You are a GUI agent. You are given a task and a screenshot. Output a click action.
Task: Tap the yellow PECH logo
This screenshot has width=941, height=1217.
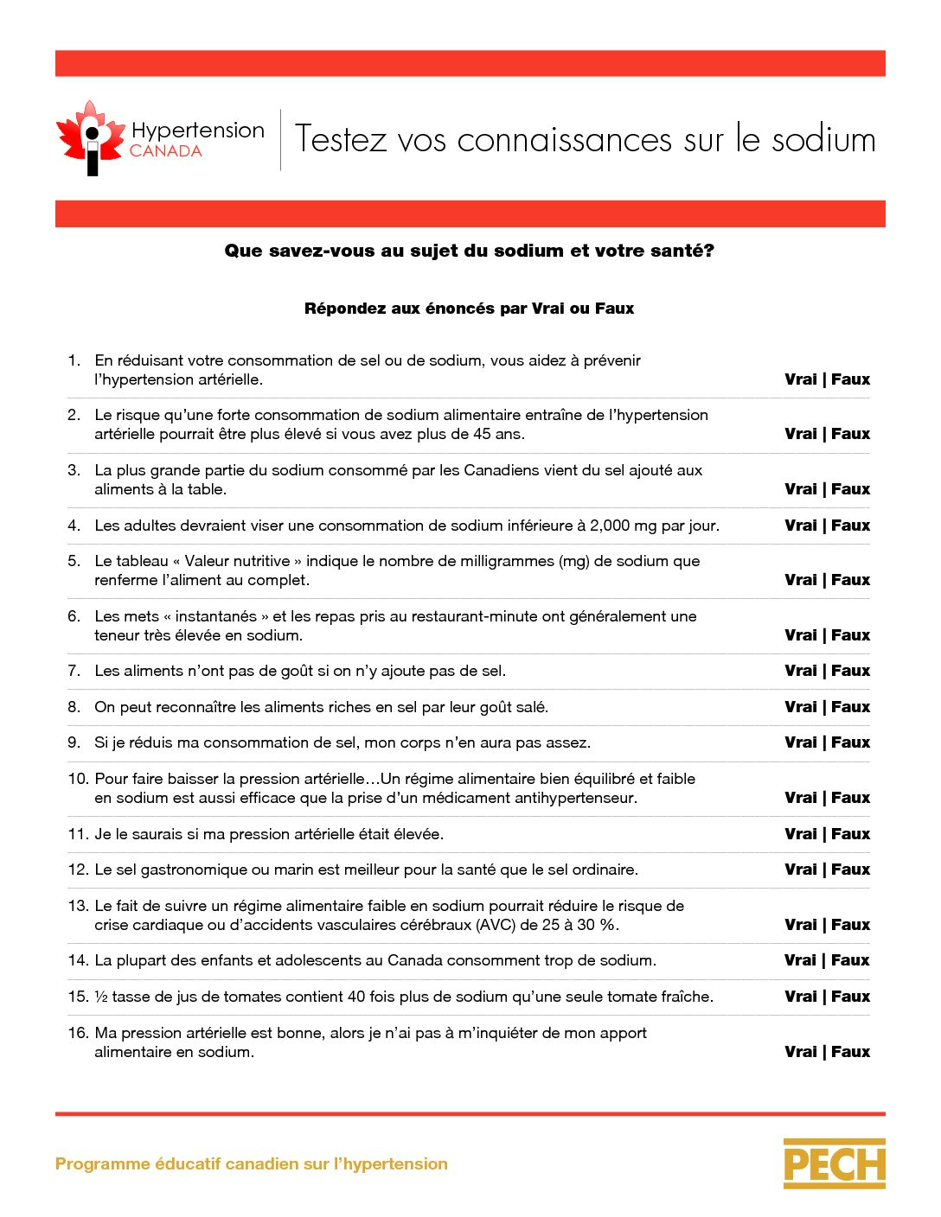tap(834, 1163)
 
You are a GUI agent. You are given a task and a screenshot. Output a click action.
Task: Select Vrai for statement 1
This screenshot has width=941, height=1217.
tap(800, 379)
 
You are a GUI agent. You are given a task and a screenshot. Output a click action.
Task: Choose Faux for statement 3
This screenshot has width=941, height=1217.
tap(851, 489)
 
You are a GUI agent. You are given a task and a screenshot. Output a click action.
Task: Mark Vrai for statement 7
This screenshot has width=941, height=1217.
tap(800, 671)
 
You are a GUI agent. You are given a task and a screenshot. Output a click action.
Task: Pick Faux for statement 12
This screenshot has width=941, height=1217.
tap(851, 870)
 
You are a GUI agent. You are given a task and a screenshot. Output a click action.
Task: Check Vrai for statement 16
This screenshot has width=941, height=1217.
tap(800, 1052)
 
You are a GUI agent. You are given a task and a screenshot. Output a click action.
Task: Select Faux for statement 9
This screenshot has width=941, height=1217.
tap(851, 742)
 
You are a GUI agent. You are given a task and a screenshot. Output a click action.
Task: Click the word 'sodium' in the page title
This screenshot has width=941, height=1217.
tap(823, 139)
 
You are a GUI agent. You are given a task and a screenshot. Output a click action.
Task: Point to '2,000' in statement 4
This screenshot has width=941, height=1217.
tap(615, 526)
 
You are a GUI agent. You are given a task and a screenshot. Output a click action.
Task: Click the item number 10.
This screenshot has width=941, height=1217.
tap(78, 779)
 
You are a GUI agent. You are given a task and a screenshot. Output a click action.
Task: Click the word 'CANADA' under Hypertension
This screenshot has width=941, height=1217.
tap(166, 151)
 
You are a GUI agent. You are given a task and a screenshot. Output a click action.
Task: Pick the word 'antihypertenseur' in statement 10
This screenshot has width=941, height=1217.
tap(575, 798)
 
